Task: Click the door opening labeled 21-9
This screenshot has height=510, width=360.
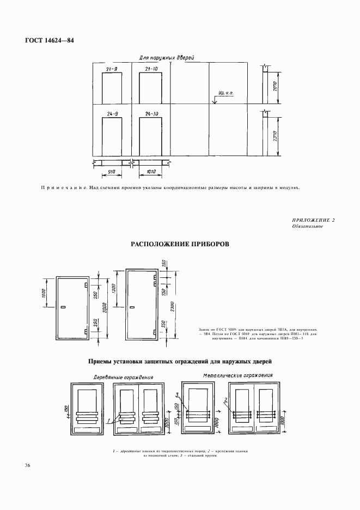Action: pos(112,88)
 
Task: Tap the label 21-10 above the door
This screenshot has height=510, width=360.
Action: pos(151,69)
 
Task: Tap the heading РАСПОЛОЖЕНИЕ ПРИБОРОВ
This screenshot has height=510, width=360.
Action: pos(180,245)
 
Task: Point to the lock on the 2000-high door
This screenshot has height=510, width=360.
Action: pos(64,308)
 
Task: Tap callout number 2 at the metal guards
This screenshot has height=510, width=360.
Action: pos(225,400)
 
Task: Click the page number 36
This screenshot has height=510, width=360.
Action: pos(27,465)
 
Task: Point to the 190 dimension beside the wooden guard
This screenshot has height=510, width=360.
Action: pos(65,409)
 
